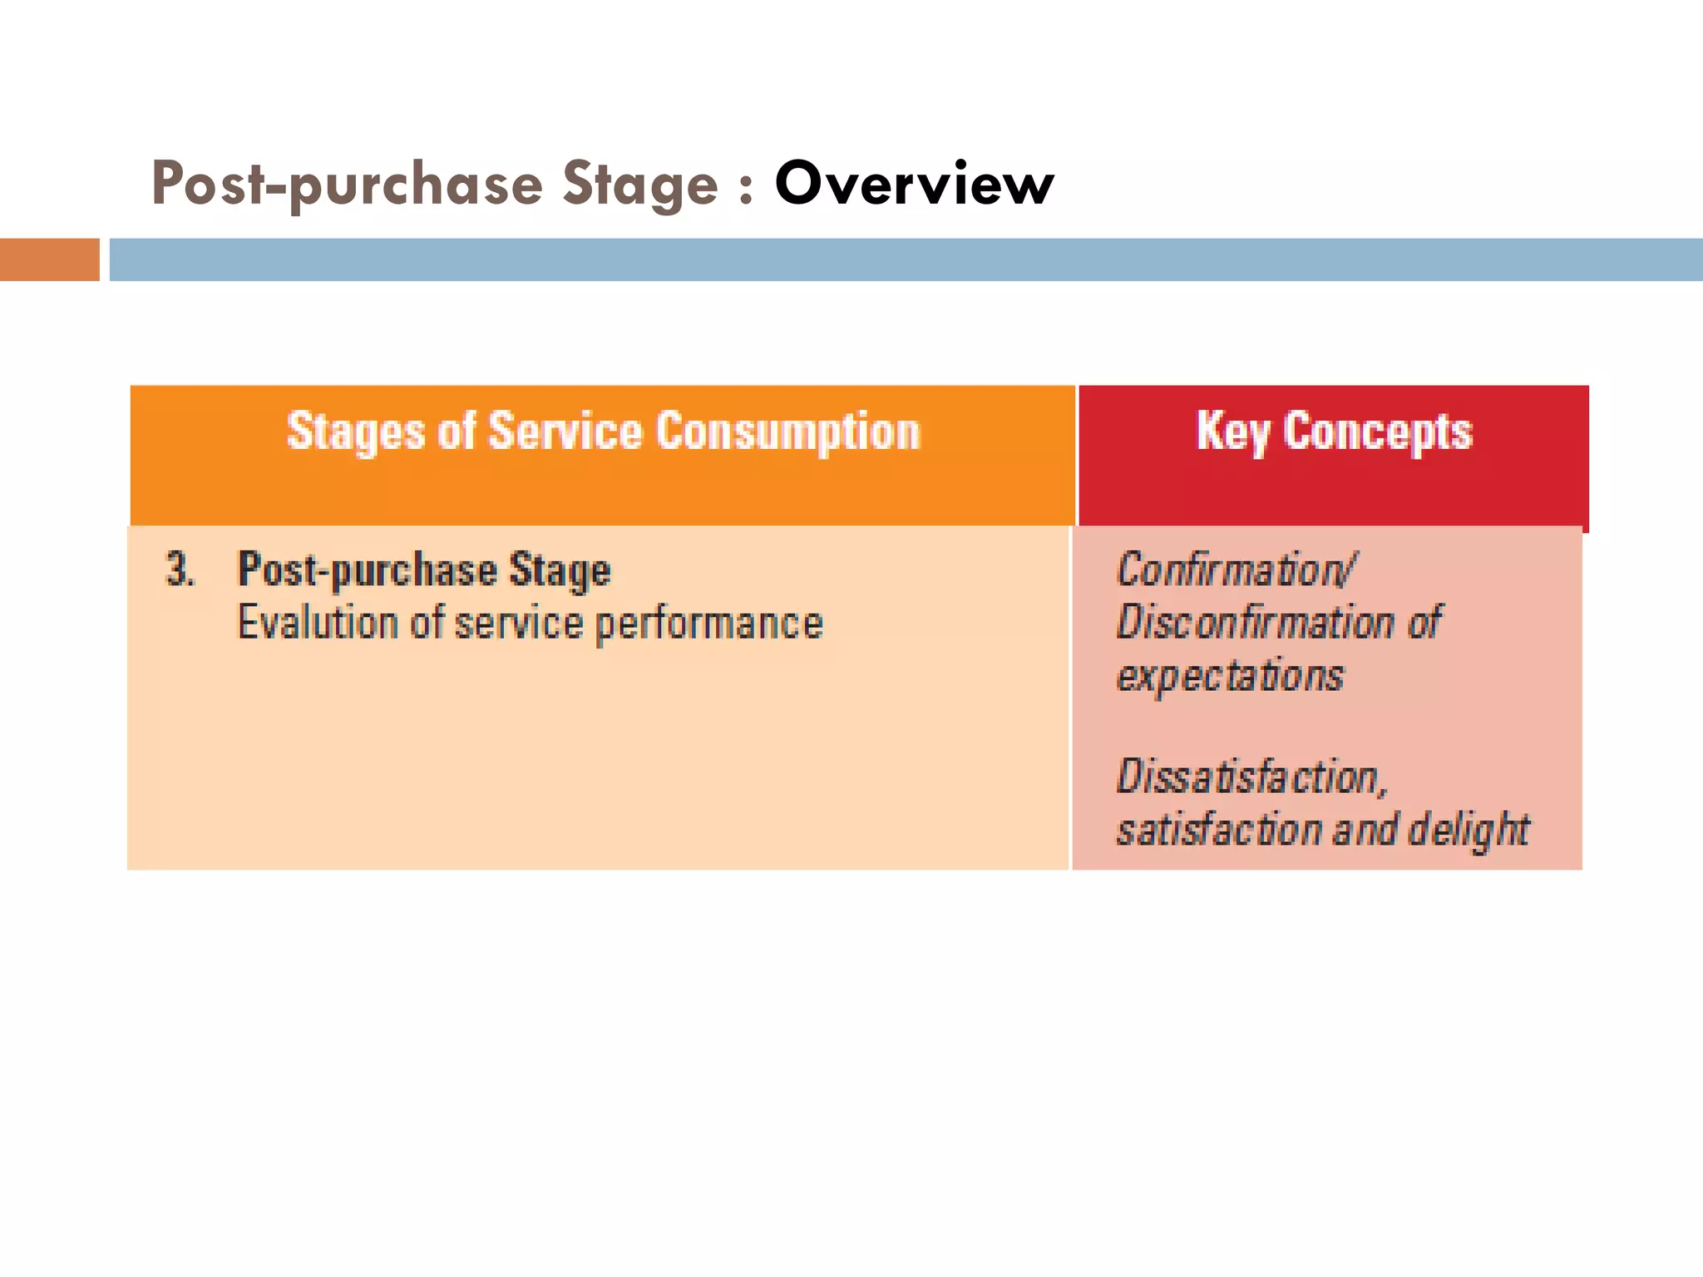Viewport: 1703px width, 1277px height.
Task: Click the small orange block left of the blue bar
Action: [49, 259]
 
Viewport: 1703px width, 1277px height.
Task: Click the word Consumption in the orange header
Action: [788, 432]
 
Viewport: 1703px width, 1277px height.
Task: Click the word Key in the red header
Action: [1232, 432]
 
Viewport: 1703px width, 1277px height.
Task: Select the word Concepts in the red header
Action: [1377, 432]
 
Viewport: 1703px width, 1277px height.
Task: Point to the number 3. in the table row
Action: [180, 570]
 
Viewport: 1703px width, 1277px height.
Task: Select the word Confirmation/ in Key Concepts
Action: [1236, 570]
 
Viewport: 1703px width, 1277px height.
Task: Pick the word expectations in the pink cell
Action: [1229, 675]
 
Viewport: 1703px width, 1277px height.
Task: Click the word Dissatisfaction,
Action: [1251, 777]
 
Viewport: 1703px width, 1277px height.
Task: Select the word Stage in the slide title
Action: [639, 185]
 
